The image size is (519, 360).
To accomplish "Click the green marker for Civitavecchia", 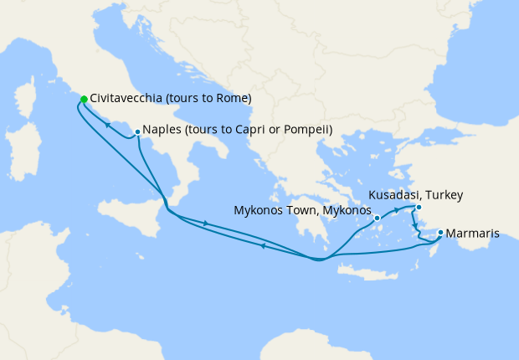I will coord(84,100).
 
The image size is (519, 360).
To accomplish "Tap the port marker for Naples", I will coord(137,131).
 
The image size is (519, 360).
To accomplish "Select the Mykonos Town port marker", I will coord(378,219).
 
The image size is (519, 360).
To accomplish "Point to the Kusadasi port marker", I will coord(419,207).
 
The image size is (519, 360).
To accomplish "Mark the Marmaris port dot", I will coord(440,233).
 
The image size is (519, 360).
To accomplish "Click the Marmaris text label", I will coord(473,234).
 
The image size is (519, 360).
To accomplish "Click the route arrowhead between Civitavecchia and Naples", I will coord(108,126).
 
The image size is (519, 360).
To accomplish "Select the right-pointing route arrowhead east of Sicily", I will coord(204,222).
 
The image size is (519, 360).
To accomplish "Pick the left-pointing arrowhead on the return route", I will coord(263,246).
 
